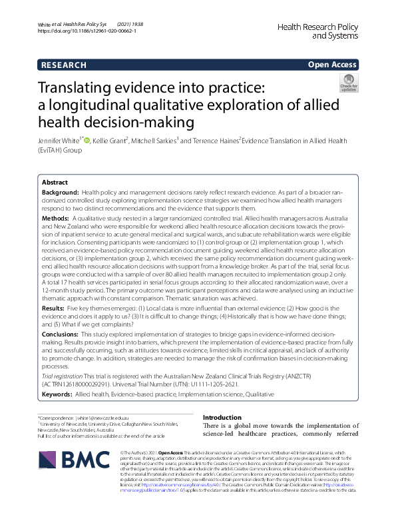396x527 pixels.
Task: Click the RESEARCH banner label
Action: [64, 65]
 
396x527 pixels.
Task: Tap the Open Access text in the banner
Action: [332, 65]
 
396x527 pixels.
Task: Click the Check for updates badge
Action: [348, 85]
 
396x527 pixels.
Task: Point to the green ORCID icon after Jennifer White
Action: [87, 141]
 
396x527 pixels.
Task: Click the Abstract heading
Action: [55, 182]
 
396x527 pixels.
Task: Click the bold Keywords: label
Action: [59, 394]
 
